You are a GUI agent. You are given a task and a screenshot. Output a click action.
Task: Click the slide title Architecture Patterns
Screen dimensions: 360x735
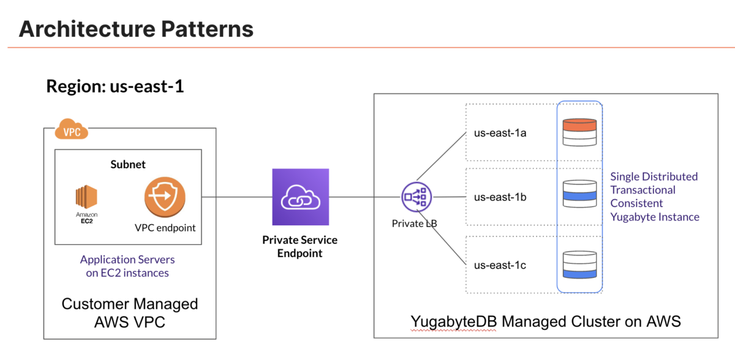coord(136,29)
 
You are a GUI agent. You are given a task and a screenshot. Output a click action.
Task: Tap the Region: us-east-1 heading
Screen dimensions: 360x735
coord(115,86)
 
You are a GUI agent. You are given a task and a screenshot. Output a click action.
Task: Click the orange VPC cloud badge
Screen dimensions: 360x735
coord(72,130)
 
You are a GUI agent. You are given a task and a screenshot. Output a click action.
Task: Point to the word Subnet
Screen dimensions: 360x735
coord(127,164)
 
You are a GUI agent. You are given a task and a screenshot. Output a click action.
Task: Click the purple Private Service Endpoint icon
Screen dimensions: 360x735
coord(300,197)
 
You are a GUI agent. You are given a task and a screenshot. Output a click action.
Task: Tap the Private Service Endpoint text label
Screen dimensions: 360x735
coord(300,247)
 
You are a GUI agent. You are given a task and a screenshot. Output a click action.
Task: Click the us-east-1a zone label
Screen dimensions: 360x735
coord(500,132)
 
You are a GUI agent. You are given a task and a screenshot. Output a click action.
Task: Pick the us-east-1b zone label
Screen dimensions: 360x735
coord(500,198)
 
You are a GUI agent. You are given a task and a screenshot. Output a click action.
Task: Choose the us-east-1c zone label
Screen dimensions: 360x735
coord(500,265)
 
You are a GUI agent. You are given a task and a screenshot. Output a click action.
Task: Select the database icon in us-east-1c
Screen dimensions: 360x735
coord(579,264)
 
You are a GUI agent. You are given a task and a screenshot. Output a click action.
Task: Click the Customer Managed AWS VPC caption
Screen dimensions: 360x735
coord(130,312)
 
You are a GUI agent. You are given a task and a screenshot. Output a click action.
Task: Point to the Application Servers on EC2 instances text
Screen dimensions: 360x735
coord(127,266)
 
